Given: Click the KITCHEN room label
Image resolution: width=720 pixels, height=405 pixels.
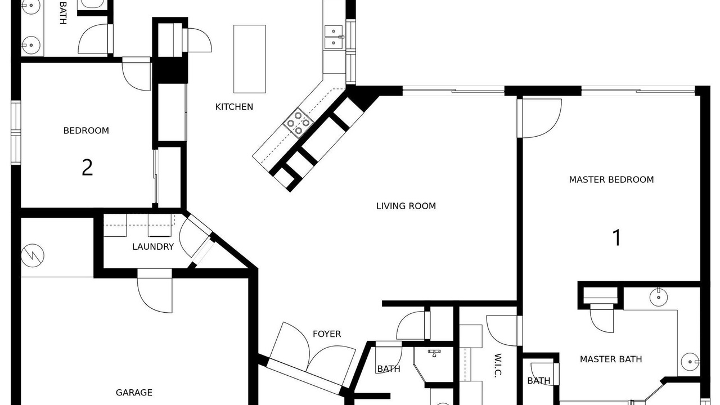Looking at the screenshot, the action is coord(234,107).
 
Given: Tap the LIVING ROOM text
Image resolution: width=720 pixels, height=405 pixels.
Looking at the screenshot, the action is coord(406,206).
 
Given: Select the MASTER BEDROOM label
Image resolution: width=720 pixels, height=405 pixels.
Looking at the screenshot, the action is coord(611,179).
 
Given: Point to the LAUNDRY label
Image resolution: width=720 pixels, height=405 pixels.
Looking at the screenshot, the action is coord(153,246).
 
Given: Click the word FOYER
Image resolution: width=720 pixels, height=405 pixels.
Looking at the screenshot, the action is coord(327,334).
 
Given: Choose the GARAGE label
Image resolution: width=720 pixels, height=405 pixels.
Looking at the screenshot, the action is coord(134,393).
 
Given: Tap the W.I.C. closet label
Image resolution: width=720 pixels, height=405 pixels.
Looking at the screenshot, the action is coord(498,365).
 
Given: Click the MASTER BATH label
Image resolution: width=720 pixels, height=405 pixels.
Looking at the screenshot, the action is coord(611,359).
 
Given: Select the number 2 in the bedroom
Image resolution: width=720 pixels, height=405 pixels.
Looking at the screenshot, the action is coord(87,168).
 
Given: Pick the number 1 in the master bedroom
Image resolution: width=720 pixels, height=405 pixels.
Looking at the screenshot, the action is coord(617,238).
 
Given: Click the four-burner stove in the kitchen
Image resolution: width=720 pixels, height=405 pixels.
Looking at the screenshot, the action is coord(298,123).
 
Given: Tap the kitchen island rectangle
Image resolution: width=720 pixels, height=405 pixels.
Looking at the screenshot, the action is coord(249,59).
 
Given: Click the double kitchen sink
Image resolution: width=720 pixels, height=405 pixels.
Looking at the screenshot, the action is coord(334,37).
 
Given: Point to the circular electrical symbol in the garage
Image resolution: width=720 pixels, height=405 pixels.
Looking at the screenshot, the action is coord(33,255).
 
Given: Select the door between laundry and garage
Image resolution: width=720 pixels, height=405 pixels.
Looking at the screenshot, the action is coord(155,291).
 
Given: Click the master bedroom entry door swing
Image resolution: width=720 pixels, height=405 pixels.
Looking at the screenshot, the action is coord(539,118).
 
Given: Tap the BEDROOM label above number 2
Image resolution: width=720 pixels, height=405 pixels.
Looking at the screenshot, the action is coord(86,130).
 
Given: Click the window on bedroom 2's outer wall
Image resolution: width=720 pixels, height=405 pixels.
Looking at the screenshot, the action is coord(16,132).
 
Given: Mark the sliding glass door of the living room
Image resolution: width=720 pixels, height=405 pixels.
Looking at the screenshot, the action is coord(453,91).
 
